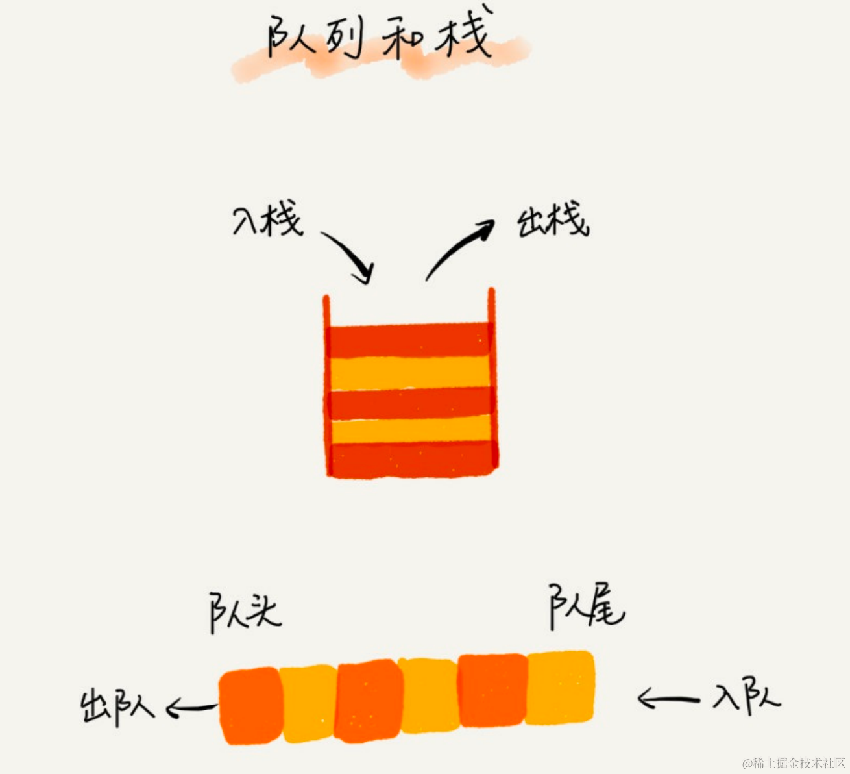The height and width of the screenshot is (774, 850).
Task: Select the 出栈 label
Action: click(x=553, y=221)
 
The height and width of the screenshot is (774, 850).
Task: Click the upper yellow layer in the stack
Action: click(x=409, y=373)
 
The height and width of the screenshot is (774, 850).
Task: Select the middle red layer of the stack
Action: click(x=409, y=403)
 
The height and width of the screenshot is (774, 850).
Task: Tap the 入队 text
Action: click(x=746, y=698)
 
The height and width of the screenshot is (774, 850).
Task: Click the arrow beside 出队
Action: click(x=191, y=708)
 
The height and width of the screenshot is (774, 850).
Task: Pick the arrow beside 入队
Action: click(x=668, y=699)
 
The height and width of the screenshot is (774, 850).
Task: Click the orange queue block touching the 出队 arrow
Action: click(x=250, y=706)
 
